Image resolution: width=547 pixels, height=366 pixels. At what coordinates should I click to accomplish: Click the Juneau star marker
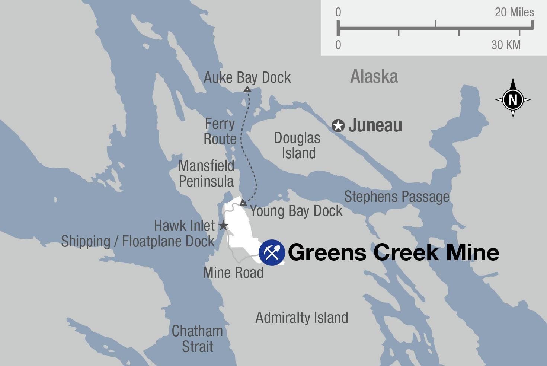[338, 126]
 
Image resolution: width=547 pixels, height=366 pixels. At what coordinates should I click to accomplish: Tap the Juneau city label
[375, 125]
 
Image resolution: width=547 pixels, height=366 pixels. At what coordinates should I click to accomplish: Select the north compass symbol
[513, 99]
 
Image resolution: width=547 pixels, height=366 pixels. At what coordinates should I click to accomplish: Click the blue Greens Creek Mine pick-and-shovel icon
[272, 253]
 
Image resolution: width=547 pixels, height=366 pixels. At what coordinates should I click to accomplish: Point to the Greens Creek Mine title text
[393, 252]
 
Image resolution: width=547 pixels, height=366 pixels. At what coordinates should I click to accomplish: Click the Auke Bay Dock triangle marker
[247, 89]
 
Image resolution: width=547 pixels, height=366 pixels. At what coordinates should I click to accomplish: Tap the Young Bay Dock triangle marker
[243, 203]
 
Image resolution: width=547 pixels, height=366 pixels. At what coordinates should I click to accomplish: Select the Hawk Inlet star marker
[223, 226]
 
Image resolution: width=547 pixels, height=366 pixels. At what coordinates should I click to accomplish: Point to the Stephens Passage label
[397, 197]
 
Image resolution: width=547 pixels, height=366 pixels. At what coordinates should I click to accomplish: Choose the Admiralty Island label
[302, 318]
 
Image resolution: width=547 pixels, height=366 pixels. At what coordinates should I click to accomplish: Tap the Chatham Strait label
[197, 339]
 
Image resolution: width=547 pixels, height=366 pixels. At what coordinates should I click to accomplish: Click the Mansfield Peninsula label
[206, 174]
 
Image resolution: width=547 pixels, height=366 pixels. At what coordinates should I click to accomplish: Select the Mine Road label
[233, 273]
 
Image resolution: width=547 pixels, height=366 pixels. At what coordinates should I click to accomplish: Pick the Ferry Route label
[220, 131]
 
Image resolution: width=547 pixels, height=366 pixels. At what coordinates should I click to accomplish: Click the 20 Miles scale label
[514, 12]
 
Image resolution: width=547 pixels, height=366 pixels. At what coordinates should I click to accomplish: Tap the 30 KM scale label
[506, 45]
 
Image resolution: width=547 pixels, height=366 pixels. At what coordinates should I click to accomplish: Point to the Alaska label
[374, 77]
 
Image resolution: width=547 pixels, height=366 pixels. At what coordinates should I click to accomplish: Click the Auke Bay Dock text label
[247, 77]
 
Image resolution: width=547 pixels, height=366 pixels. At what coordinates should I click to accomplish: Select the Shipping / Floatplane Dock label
[138, 241]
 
